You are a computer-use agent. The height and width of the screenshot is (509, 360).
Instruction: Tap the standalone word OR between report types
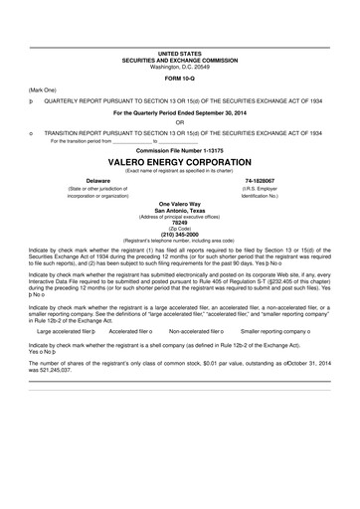[180, 122]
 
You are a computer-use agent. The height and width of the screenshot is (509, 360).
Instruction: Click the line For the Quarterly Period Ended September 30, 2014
[180, 112]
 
